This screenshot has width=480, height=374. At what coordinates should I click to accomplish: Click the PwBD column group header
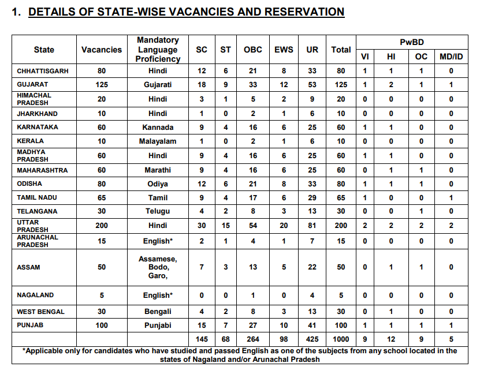(412, 42)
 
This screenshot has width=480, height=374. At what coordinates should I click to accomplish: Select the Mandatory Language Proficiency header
(158, 50)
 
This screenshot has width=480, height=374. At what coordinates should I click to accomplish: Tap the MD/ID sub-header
(451, 57)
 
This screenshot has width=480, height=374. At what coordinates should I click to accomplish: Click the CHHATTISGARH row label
(43, 71)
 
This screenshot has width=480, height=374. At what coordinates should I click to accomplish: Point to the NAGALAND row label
(35, 295)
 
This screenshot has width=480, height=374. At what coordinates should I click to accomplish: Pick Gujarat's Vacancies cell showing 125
(102, 85)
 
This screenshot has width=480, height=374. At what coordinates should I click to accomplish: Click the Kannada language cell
(158, 127)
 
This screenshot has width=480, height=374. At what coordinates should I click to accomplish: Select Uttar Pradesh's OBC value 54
(253, 226)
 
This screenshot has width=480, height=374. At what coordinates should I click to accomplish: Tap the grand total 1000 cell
(341, 339)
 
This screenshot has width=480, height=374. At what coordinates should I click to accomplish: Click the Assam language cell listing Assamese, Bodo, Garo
(158, 267)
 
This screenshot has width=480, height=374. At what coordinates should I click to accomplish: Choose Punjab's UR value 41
(312, 326)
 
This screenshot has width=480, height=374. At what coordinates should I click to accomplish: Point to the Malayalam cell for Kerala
(158, 141)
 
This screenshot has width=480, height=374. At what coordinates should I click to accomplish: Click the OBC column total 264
(253, 339)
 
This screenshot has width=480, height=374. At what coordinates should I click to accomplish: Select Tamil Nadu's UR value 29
(312, 198)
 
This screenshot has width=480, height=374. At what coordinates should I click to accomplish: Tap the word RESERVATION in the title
(304, 12)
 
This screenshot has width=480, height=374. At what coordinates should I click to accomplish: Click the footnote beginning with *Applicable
(240, 355)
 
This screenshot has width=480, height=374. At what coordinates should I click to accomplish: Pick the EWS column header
(284, 50)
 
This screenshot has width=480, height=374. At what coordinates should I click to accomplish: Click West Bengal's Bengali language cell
(158, 312)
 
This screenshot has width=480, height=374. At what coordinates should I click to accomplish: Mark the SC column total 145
(202, 339)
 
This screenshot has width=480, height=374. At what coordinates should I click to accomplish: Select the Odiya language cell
(158, 184)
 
